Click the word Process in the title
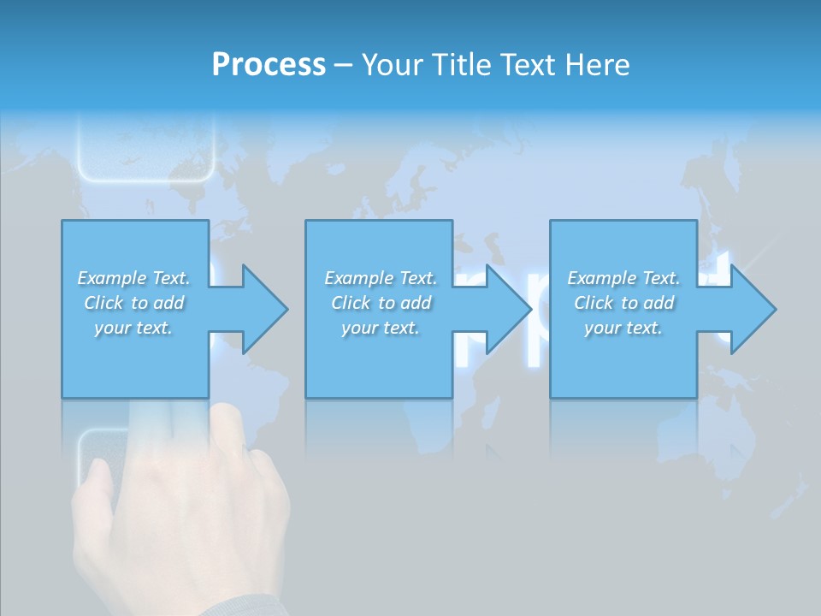tap(269, 65)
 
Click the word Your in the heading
tap(393, 65)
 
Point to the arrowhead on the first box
tap(261, 309)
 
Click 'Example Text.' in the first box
tap(134, 278)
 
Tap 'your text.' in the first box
tap(133, 328)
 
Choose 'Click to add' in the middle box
tap(381, 303)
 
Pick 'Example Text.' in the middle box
tap(381, 278)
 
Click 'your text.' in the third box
tap(623, 328)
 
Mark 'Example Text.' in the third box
tap(623, 278)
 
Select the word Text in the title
tap(525, 65)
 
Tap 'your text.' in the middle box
tap(381, 328)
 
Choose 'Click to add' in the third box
tap(623, 303)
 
